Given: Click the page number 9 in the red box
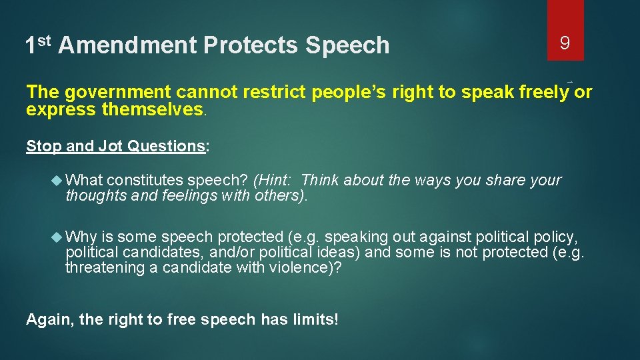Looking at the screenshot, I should pos(565,44).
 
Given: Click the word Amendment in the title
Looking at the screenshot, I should pos(126,45).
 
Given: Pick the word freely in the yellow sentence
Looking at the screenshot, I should pos(537,93).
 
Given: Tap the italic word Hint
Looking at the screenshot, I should pos(275,180).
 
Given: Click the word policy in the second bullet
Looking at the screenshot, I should pos(558,237).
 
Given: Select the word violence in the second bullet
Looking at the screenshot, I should pos(308,267).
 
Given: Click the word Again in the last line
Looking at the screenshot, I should pos(49,319).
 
